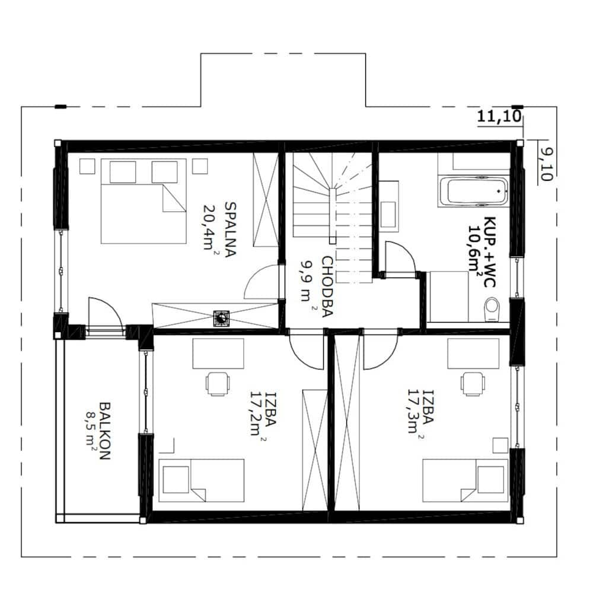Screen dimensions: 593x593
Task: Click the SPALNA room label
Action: (x=230, y=229)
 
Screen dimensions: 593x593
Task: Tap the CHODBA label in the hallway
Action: (x=327, y=286)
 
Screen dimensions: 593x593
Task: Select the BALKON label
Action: (x=104, y=431)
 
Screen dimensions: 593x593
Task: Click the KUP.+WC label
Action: (x=490, y=252)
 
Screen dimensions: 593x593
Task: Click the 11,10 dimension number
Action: (x=499, y=116)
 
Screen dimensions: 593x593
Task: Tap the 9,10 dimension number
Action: (x=546, y=164)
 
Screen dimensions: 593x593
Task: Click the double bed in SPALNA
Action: (x=144, y=201)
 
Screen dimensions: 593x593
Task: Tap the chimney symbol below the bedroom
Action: (x=221, y=318)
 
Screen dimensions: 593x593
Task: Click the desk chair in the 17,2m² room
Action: (x=218, y=384)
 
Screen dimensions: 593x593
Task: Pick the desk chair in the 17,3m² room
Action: (x=473, y=384)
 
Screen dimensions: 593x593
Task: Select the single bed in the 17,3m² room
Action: (x=465, y=480)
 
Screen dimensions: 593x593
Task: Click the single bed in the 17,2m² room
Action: (x=201, y=480)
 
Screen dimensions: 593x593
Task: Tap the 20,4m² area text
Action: (x=211, y=227)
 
